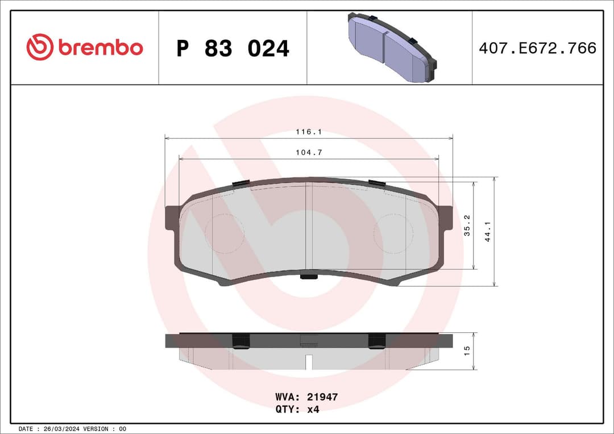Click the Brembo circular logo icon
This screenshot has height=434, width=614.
pyautogui.click(x=39, y=47)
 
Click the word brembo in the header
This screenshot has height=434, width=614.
pyautogui.click(x=100, y=48)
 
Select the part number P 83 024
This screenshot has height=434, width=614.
pyautogui.click(x=233, y=49)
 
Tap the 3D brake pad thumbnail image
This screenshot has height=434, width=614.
pyautogui.click(x=392, y=48)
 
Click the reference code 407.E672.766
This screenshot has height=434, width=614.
pyautogui.click(x=537, y=48)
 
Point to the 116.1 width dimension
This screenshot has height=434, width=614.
pyautogui.click(x=309, y=132)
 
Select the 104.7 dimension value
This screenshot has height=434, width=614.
pyautogui.click(x=309, y=152)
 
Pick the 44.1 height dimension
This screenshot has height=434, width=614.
pyautogui.click(x=487, y=231)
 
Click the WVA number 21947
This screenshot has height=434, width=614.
pyautogui.click(x=322, y=397)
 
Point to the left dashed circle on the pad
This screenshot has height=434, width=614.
pyautogui.click(x=225, y=233)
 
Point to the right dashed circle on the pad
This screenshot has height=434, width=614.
pyautogui.click(x=393, y=233)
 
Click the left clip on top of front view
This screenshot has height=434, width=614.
pyautogui.click(x=242, y=183)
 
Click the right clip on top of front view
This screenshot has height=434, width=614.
pyautogui.click(x=376, y=182)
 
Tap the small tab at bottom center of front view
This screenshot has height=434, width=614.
pyautogui.click(x=309, y=277)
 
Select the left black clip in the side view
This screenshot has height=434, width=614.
pyautogui.click(x=242, y=341)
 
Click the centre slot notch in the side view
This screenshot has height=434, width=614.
pyautogui.click(x=309, y=361)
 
